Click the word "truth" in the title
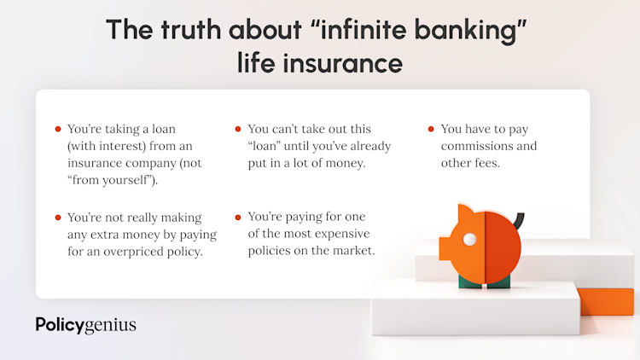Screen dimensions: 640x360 190,29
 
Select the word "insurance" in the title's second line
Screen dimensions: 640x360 343,63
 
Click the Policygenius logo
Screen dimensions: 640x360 85,325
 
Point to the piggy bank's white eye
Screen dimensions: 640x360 469,240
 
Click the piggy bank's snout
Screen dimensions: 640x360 445,247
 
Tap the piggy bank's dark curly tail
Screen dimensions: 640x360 519,221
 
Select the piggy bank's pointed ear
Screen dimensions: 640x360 465,212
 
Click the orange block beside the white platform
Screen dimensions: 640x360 607,301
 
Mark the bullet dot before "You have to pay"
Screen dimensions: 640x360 431,129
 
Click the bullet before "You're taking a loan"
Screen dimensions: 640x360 58,129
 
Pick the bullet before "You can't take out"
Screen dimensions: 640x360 238,129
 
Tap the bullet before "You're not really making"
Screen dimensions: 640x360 58,218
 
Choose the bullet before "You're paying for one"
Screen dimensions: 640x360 238,218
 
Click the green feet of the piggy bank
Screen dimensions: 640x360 485,282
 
